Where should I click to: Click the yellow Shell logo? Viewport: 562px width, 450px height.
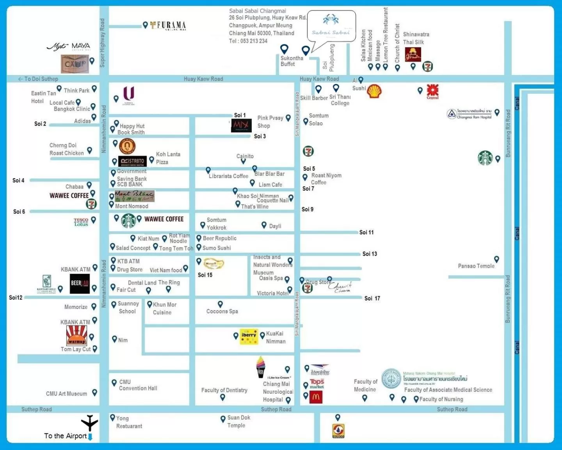[374, 91]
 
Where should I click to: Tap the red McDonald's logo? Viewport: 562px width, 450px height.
[316, 397]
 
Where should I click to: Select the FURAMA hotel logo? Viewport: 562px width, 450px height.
[168, 25]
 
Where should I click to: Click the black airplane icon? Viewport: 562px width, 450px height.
[89, 423]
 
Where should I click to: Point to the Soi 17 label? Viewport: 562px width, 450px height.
[372, 298]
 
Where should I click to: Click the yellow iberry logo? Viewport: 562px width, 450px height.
[249, 336]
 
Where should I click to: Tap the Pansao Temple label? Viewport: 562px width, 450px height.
[476, 266]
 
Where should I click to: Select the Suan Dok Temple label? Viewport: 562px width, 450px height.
[238, 421]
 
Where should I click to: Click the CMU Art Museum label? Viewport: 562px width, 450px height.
[66, 394]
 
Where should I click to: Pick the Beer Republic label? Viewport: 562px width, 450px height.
[219, 238]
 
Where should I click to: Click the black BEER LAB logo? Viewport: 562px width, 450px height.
[80, 284]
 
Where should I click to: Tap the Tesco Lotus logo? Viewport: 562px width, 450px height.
[81, 222]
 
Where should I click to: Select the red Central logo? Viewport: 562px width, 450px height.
[432, 91]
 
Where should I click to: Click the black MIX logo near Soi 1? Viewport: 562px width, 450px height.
[241, 125]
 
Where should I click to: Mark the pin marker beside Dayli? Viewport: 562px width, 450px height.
[264, 225]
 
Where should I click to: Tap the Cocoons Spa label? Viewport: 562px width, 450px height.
[222, 311]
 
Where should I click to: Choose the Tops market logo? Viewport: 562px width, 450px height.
[317, 383]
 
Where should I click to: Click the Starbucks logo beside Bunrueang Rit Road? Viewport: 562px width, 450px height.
[485, 158]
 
